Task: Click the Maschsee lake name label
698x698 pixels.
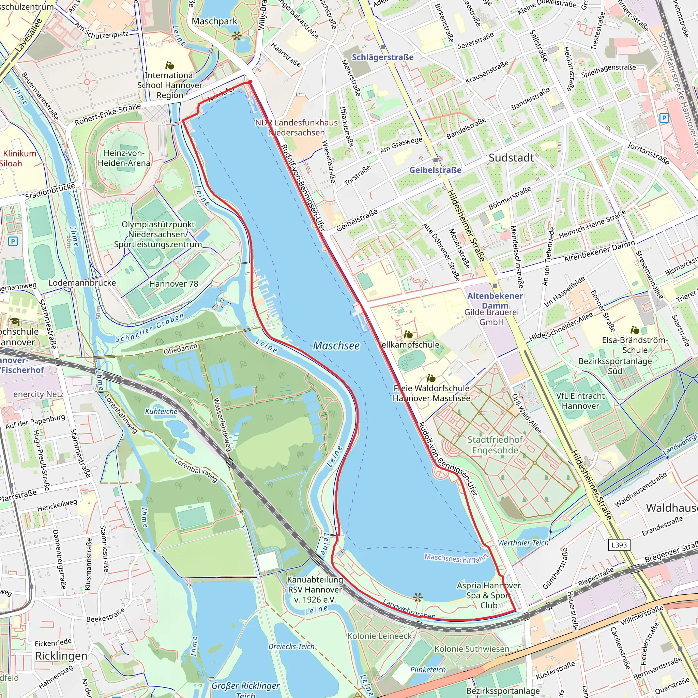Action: click(336, 346)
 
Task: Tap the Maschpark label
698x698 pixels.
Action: click(214, 21)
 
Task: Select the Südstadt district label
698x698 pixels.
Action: click(511, 158)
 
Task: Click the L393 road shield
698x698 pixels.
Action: click(619, 545)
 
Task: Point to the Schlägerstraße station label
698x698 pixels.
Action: click(383, 57)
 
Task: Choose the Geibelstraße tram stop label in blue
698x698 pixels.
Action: click(435, 170)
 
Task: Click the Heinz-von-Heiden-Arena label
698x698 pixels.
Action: click(124, 158)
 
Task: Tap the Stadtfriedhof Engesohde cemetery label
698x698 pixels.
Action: click(495, 445)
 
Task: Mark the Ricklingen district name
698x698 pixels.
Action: click(61, 656)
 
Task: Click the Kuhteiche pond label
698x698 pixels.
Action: click(161, 411)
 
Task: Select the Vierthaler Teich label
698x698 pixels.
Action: click(523, 543)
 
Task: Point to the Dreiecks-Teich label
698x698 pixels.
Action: click(291, 646)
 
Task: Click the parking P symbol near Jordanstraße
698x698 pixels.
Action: click(664, 118)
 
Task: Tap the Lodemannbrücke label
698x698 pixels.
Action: click(82, 283)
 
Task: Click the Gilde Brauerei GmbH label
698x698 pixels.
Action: click(491, 317)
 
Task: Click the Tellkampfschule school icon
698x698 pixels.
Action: click(408, 335)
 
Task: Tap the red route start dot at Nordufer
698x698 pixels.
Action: click(249, 82)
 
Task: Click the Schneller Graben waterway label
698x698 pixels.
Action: click(150, 328)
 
